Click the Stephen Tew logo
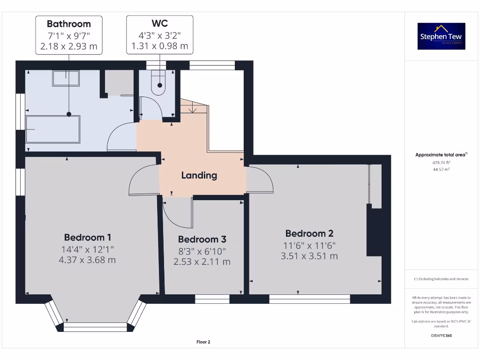(x=441, y=36)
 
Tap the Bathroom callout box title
(x=68, y=24)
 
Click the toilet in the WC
(x=160, y=83)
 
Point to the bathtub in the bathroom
(x=52, y=129)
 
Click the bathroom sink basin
(x=66, y=78)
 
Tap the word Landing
(x=199, y=175)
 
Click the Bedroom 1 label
(x=88, y=237)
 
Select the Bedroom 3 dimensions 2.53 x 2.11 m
(x=202, y=262)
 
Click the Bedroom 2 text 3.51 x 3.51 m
(x=309, y=256)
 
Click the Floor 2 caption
(x=203, y=342)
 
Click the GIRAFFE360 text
(x=441, y=336)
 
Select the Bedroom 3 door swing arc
(x=178, y=213)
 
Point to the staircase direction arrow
(x=192, y=109)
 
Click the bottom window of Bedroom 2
(x=309, y=299)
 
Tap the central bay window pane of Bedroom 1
(x=95, y=327)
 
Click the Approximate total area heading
(x=441, y=155)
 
